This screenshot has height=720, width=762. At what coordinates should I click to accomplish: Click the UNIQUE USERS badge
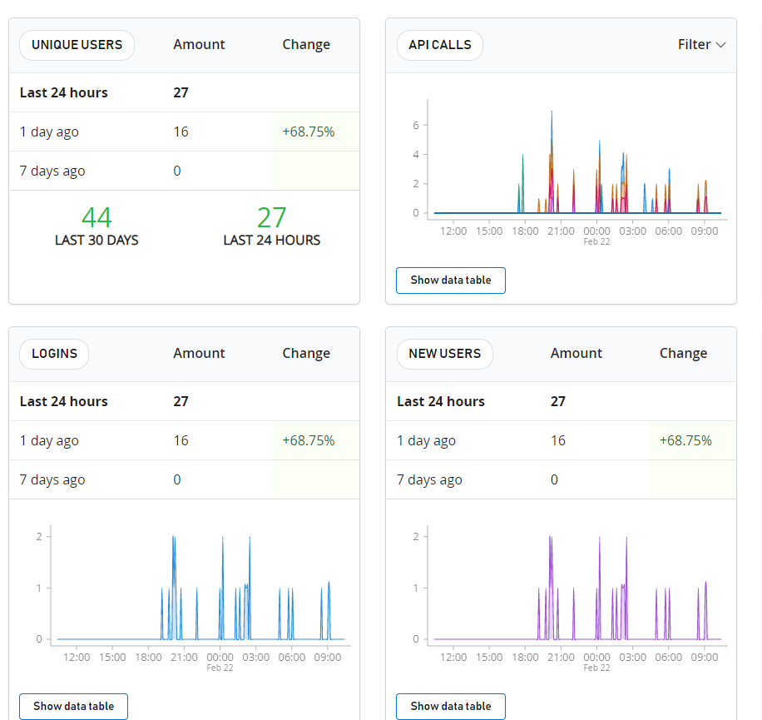77,45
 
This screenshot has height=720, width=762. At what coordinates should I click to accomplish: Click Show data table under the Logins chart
73,706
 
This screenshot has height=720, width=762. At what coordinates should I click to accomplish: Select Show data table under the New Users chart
450,706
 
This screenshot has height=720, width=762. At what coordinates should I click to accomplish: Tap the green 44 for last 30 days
96,217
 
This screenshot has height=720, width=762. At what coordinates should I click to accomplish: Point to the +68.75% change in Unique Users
308,132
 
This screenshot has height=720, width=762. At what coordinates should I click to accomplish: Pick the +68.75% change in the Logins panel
308,440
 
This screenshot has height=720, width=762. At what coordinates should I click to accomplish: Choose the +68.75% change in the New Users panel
685,440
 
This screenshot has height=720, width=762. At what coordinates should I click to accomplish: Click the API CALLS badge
440,45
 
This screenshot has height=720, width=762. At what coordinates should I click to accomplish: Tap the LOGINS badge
54,354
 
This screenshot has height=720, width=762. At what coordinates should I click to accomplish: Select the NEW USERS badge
444,354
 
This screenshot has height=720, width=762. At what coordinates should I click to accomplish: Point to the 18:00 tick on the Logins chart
148,657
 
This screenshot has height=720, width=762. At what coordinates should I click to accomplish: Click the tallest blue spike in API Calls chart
552,113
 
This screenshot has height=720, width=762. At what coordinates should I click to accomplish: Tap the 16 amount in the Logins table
181,440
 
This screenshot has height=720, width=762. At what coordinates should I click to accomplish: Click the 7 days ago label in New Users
429,479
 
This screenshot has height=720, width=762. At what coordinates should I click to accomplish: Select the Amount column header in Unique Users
199,45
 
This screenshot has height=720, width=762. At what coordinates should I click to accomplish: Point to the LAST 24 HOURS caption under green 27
271,241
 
